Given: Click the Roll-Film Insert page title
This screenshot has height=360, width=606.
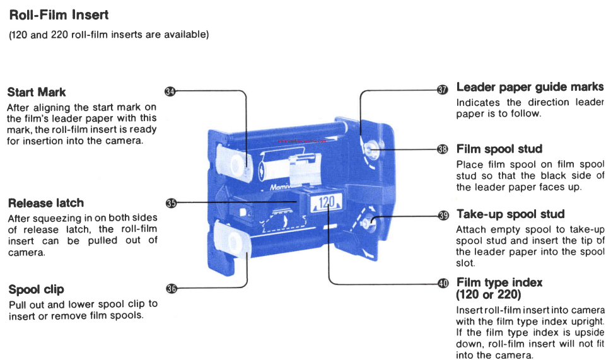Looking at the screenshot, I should pos(59,15).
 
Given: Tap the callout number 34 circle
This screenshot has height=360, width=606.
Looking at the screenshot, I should pos(170,91).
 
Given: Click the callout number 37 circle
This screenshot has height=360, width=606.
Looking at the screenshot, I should pos(443,90).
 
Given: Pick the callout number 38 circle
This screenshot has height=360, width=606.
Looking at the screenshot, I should pos(443,149).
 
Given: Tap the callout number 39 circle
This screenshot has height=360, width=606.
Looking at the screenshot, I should pos(443,216).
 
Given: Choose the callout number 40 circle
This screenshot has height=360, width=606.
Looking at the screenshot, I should pos(443,283).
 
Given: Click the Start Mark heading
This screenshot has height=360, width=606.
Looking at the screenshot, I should pos(37,93).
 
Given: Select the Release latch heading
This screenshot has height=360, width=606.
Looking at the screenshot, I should pos(46,203).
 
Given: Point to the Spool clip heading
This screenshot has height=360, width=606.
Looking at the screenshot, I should pos(37,289).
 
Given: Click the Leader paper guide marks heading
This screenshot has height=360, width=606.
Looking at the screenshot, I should pos(530,87).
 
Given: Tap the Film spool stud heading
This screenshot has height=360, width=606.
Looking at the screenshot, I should pos(499,149).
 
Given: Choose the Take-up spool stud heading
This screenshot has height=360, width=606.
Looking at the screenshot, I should pos(510,214).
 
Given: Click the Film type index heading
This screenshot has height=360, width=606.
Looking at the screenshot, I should pos(499,282).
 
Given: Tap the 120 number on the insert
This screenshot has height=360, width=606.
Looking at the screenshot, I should pos(326,202).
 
